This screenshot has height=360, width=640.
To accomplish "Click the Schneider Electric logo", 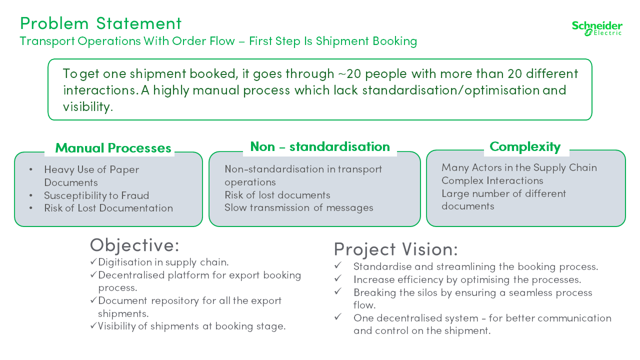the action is click(597, 28).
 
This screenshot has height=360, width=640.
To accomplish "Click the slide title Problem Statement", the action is click(100, 23).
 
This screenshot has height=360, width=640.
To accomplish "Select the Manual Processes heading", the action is click(113, 148).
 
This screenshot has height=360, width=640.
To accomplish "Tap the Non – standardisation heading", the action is click(320, 146).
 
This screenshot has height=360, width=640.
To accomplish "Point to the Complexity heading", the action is click(525, 147).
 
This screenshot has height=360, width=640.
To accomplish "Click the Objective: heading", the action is click(134, 245).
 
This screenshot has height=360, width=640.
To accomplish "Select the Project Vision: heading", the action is click(395, 249).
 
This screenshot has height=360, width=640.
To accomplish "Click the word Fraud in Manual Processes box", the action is click(135, 195).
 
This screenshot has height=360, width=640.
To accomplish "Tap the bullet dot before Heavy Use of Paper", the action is click(31, 169).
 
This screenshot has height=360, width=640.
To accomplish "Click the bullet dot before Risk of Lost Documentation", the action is click(31, 208).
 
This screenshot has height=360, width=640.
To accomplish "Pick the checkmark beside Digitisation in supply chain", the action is click(93, 261).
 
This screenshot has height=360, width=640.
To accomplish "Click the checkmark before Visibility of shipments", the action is click(93, 325).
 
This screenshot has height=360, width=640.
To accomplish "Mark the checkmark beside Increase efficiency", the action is click(338, 278).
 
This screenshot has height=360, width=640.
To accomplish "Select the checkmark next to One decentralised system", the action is click(338, 316).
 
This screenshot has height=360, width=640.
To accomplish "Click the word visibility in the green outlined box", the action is click(88, 107).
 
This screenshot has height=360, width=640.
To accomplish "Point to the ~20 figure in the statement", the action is click(349, 73).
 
